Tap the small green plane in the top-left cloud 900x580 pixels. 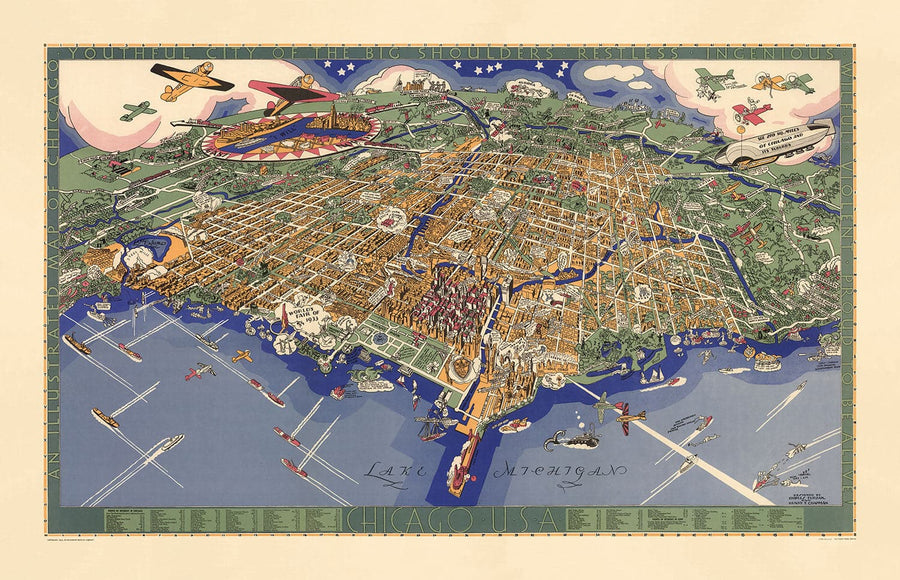click(x=136, y=110)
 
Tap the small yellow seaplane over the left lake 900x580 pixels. click(x=242, y=355)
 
